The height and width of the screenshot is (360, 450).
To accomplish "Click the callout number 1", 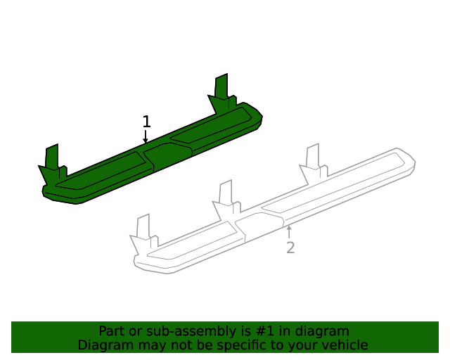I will (x=146, y=122).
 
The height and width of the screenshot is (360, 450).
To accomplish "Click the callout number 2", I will (x=290, y=247).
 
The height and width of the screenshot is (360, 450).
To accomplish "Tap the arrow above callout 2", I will (x=289, y=231).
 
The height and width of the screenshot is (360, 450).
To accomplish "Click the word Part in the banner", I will (x=111, y=331).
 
